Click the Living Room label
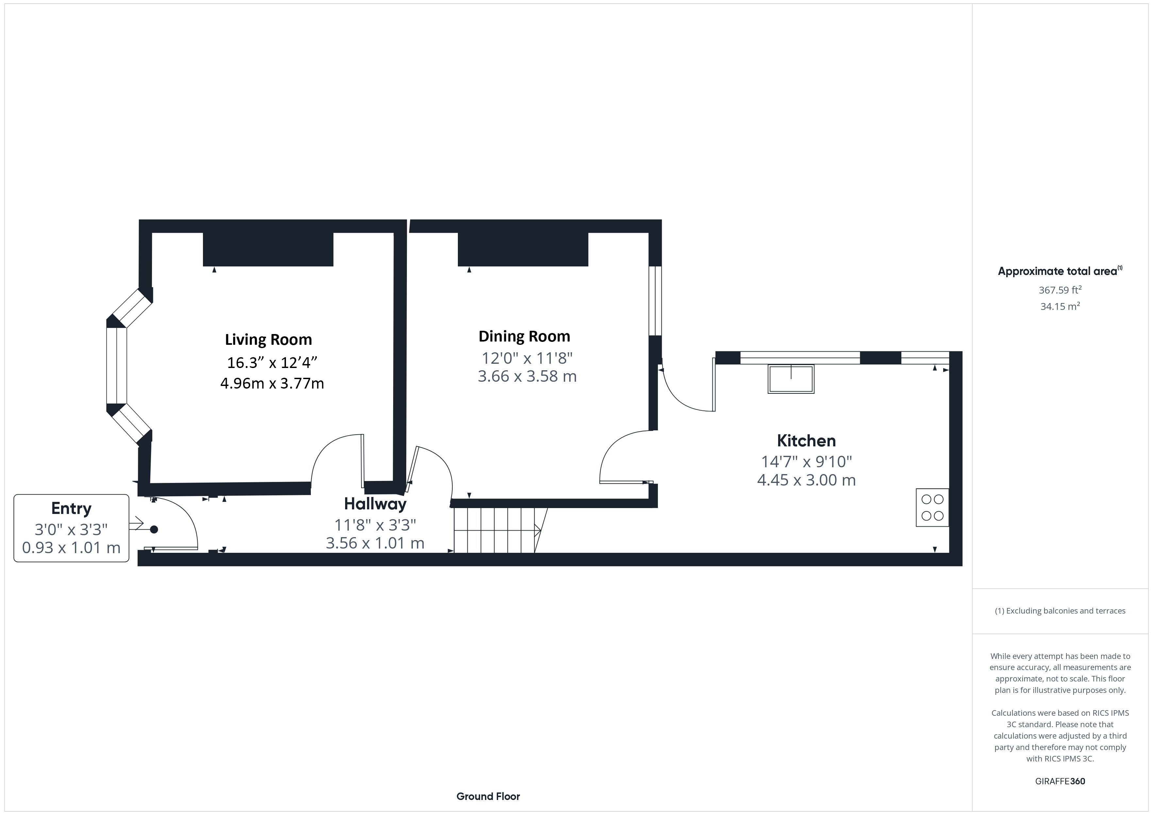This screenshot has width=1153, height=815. point(268,340)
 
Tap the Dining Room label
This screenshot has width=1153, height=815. point(524,336)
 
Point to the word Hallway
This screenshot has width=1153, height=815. point(375,504)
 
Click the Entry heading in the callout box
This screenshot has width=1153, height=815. point(71,508)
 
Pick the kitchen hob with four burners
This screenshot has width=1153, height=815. point(932,507)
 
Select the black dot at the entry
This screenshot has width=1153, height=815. point(154,529)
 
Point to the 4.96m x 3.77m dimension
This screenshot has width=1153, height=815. point(272,383)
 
